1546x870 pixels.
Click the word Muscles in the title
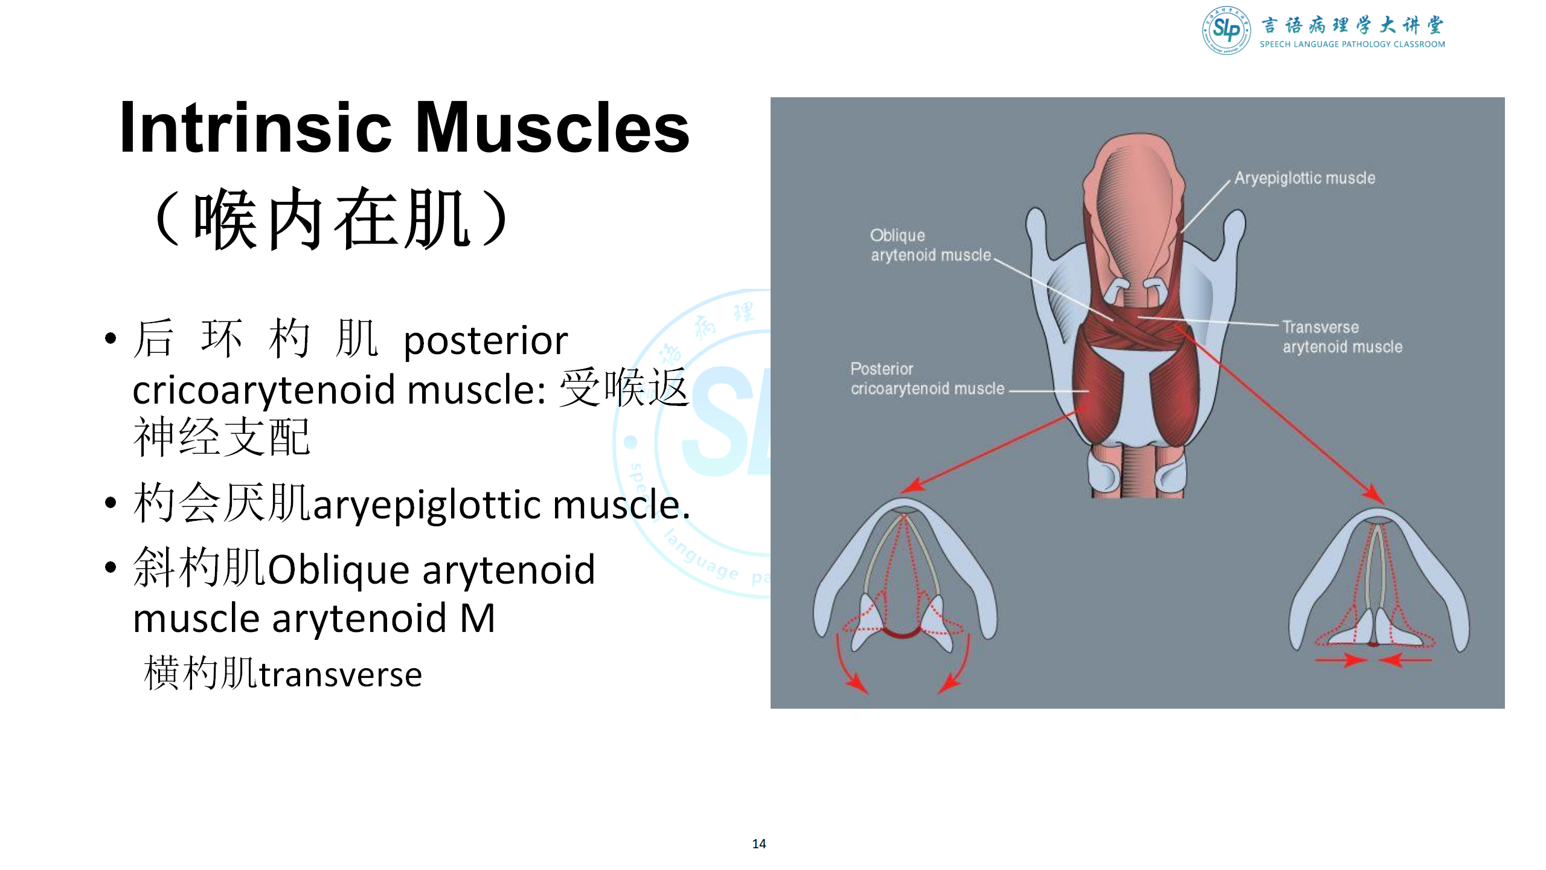tap(553, 127)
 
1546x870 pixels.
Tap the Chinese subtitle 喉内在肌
tap(332, 218)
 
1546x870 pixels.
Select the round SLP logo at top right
tap(1226, 30)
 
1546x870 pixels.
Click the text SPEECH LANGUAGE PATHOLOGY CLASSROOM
tap(1352, 44)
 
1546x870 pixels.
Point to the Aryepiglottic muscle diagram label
tap(1304, 178)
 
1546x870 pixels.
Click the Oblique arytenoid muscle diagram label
tap(931, 245)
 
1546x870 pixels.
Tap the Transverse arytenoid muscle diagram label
tap(1342, 337)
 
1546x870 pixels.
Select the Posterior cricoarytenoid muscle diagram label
tap(928, 379)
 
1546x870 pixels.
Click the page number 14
tap(759, 844)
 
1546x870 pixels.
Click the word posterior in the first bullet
tap(486, 341)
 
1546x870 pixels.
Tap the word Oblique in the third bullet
tap(339, 570)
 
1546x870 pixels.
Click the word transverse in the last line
tap(340, 675)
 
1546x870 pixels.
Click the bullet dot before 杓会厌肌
tap(110, 503)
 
